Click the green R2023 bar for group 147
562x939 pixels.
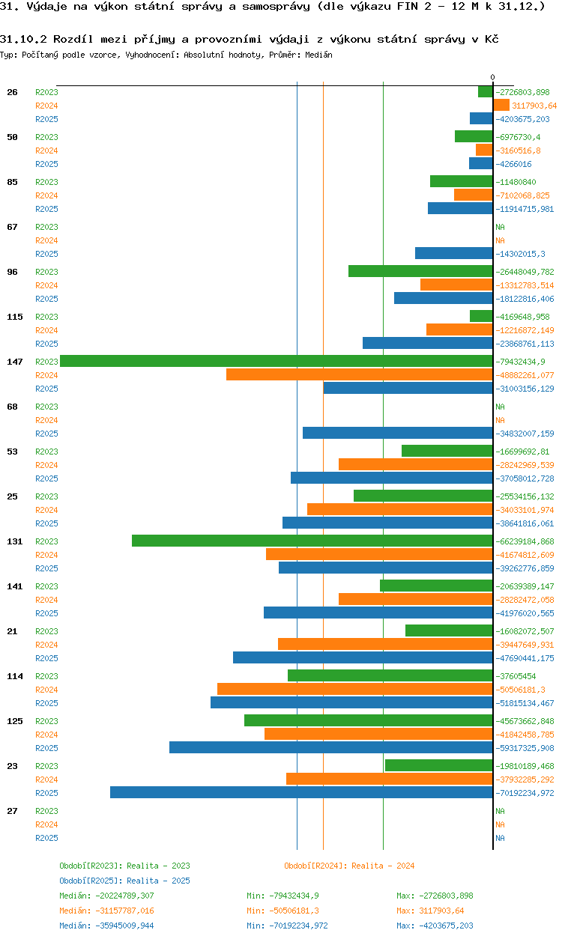[x=276, y=361]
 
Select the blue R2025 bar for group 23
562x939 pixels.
[x=301, y=792]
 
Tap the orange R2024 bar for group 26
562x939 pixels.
[x=501, y=106]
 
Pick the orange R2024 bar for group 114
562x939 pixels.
[x=354, y=689]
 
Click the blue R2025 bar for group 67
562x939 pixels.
[x=453, y=253]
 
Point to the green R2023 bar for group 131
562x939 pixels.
[x=312, y=541]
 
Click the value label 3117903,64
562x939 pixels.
[x=534, y=106]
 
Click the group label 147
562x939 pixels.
[x=15, y=362]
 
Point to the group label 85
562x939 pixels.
[x=13, y=182]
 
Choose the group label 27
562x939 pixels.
[x=13, y=811]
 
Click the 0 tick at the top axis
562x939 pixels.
[x=492, y=77]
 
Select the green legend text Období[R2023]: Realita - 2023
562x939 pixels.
[x=124, y=866]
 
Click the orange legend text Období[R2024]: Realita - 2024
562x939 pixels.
[x=349, y=866]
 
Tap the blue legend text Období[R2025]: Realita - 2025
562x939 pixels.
[x=124, y=881]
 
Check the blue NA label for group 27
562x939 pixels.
[x=500, y=838]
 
